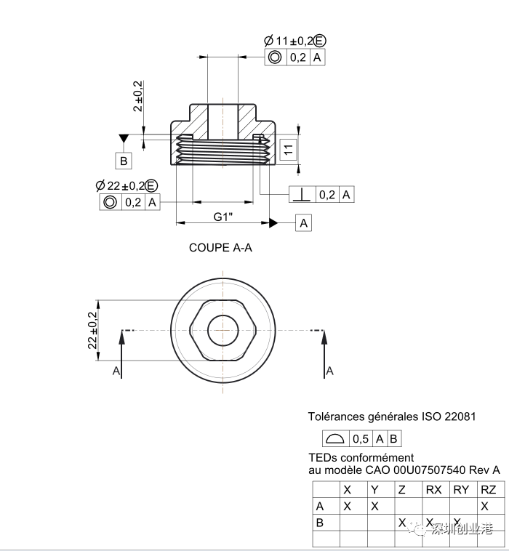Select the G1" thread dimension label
[223, 217]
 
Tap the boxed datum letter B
[124, 161]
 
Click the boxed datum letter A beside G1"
[303, 222]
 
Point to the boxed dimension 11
[288, 149]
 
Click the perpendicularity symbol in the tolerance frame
[302, 194]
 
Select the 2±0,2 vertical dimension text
[138, 96]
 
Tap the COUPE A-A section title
[220, 248]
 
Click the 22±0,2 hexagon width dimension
[92, 330]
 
